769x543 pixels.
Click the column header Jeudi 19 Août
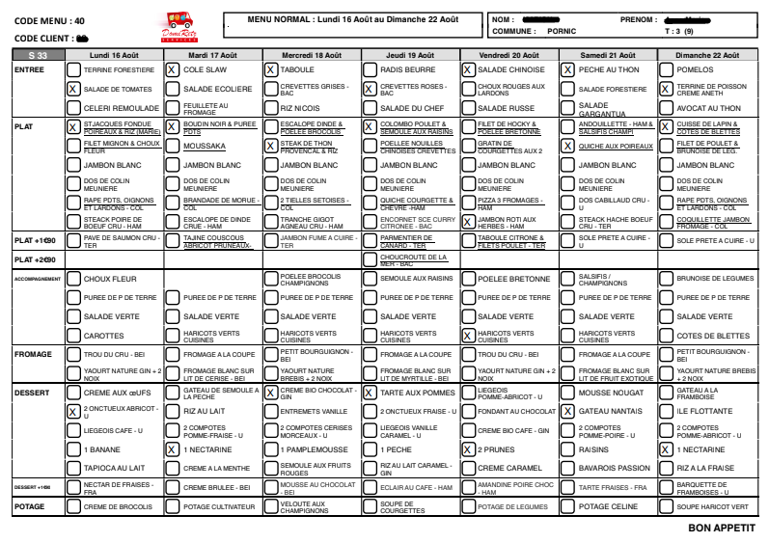click(407, 57)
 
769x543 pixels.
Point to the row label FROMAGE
click(34, 354)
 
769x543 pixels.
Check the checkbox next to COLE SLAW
click(171, 70)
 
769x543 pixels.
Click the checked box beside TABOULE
click(270, 70)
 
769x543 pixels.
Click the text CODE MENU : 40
click(49, 19)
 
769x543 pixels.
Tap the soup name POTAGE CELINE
click(610, 506)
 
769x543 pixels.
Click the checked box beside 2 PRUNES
click(468, 449)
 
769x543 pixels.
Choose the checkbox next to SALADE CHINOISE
click(468, 70)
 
